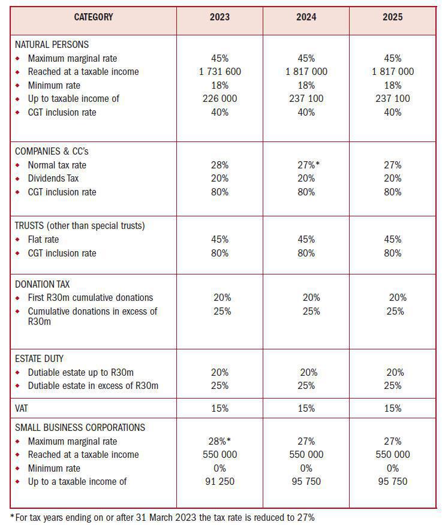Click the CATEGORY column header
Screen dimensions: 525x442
click(93, 17)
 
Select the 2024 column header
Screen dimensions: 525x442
click(306, 17)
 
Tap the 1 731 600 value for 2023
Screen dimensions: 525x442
click(220, 71)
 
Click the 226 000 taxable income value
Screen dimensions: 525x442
click(220, 98)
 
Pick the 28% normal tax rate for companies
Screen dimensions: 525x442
click(220, 165)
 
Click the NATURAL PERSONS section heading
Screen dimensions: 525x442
click(52, 44)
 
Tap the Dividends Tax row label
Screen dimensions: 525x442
click(53, 178)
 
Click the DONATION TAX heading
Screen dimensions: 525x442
click(43, 284)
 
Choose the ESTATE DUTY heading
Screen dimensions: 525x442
click(40, 358)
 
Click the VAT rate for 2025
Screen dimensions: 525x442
click(392, 408)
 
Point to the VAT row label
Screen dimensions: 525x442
click(22, 408)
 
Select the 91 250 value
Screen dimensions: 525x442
click(220, 481)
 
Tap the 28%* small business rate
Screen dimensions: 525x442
click(220, 441)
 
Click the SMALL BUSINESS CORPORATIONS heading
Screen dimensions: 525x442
click(80, 427)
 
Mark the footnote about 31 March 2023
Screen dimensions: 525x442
click(162, 517)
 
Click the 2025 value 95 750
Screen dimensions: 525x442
click(392, 481)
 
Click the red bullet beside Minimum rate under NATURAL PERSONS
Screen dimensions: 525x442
click(17, 85)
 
